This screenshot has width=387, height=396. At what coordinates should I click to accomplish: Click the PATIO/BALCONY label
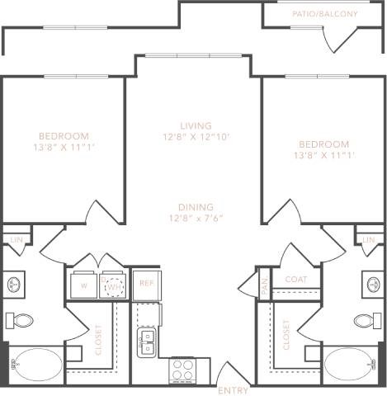tap(324, 14)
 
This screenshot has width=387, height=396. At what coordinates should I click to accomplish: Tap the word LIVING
tap(193, 125)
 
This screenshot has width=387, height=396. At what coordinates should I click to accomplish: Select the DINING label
tap(195, 207)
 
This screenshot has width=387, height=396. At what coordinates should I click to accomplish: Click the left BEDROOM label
tap(63, 135)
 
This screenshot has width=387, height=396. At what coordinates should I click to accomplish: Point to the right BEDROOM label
tap(323, 144)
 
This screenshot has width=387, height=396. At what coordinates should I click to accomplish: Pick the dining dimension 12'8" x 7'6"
tap(195, 218)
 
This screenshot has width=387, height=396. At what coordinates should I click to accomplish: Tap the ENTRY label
tap(234, 389)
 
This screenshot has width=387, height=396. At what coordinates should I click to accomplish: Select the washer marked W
tap(84, 285)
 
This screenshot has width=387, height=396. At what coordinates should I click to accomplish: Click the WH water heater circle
tap(115, 285)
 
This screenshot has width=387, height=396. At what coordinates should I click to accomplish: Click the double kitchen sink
tap(147, 340)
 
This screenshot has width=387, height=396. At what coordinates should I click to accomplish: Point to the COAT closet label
tap(295, 280)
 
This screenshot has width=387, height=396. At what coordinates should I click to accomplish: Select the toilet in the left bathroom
tap(22, 319)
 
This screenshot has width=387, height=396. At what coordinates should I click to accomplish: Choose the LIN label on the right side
tap(368, 239)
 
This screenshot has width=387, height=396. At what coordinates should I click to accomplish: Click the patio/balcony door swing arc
tap(338, 38)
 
